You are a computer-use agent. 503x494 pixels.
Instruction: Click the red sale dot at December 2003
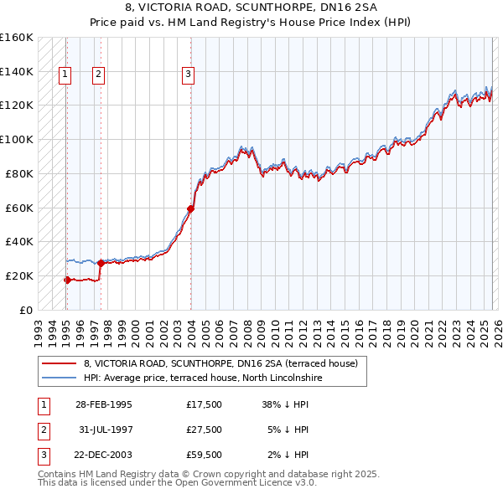[x=191, y=208]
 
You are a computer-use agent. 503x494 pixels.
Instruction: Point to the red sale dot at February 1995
[x=67, y=280]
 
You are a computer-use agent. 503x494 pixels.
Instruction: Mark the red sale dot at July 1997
[x=101, y=263]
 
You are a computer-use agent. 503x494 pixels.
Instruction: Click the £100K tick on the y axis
[x=17, y=139]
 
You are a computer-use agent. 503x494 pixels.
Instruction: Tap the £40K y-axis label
[x=19, y=241]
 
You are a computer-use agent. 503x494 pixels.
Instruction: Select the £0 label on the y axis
[x=27, y=310]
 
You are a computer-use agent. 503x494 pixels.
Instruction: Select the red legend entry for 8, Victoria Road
[x=220, y=363]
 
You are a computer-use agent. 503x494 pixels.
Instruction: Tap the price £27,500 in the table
[x=205, y=430]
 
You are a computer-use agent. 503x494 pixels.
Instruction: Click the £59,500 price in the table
[x=205, y=455]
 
